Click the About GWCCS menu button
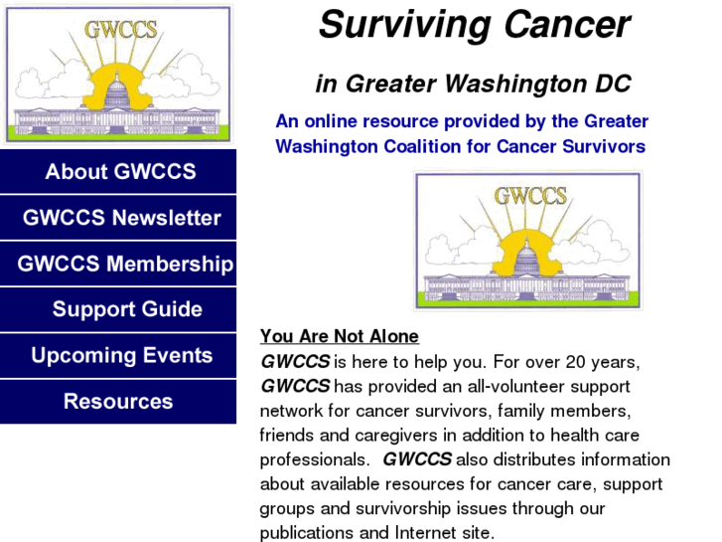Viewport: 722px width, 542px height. pos(118,171)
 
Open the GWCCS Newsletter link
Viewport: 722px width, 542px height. pos(118,217)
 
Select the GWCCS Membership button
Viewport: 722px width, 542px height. pos(118,264)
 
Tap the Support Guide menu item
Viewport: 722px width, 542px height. pos(118,309)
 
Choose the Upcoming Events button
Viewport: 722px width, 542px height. pos(118,355)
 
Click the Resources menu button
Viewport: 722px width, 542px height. pos(118,402)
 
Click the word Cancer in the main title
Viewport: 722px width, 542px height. pos(567,25)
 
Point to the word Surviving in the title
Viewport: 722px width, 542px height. pos(405,27)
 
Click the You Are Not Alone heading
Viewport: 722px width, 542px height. pos(340,336)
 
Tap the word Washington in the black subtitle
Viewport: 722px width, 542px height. pos(515,85)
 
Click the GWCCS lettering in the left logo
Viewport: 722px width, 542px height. pos(120,30)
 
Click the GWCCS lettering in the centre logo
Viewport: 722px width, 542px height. pos(530,196)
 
